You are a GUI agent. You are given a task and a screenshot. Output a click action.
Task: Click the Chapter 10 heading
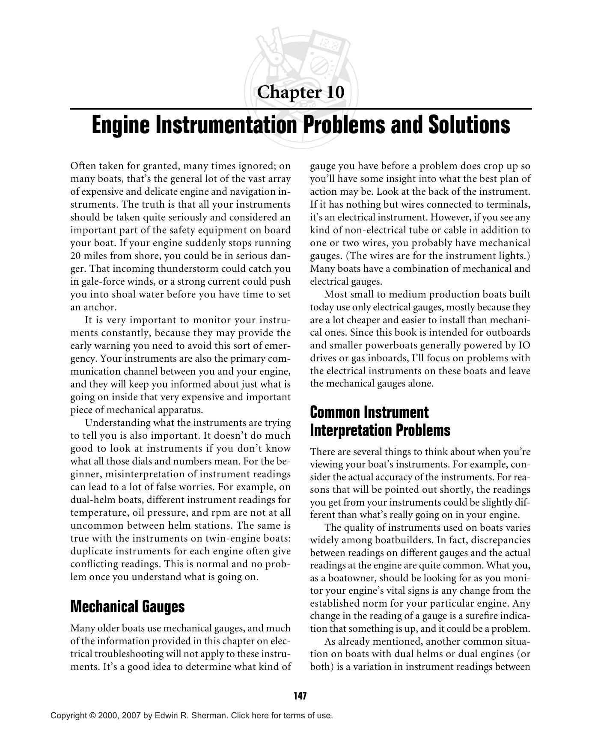click(x=300, y=92)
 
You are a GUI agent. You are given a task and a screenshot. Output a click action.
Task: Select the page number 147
click(x=300, y=696)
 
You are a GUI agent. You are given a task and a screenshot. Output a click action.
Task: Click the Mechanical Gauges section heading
click(x=128, y=606)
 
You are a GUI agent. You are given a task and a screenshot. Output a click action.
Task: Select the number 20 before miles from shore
click(x=76, y=256)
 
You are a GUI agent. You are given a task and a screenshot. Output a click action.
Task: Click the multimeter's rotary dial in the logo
click(x=320, y=65)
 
